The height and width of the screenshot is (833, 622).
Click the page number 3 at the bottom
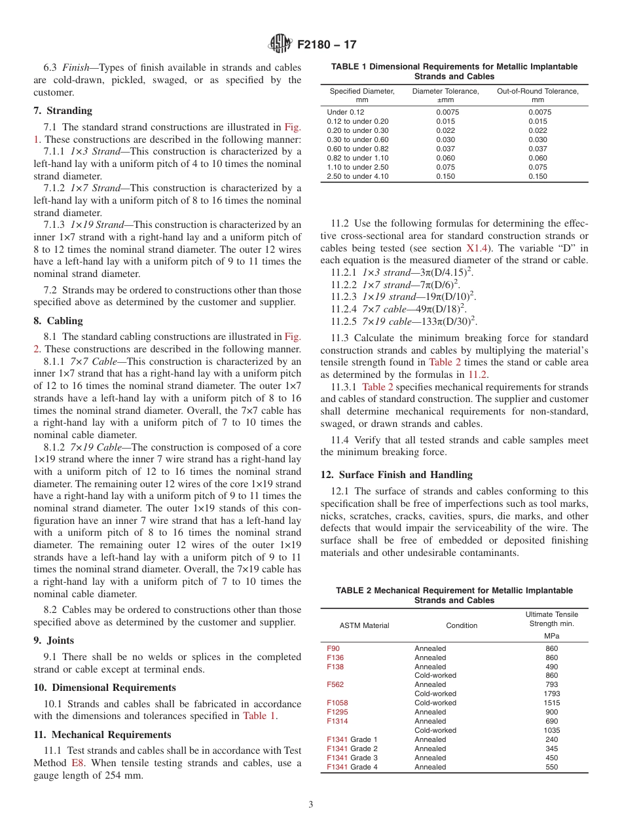click(x=311, y=804)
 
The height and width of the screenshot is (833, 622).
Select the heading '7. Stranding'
click(x=63, y=110)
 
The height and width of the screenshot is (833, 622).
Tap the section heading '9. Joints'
click(x=54, y=640)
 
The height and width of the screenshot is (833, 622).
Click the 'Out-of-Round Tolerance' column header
click(x=538, y=96)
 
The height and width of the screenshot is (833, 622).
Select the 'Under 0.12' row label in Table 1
click(x=346, y=112)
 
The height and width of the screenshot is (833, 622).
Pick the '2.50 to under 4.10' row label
click(x=357, y=176)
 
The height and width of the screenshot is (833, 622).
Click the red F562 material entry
click(x=335, y=684)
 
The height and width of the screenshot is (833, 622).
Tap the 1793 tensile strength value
click(x=551, y=694)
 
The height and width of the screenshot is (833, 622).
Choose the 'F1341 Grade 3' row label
click(x=352, y=758)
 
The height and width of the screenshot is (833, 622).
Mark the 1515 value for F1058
click(x=551, y=703)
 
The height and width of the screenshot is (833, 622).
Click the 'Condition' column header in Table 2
click(x=462, y=625)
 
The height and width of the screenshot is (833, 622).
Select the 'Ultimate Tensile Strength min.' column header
click(x=551, y=619)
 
